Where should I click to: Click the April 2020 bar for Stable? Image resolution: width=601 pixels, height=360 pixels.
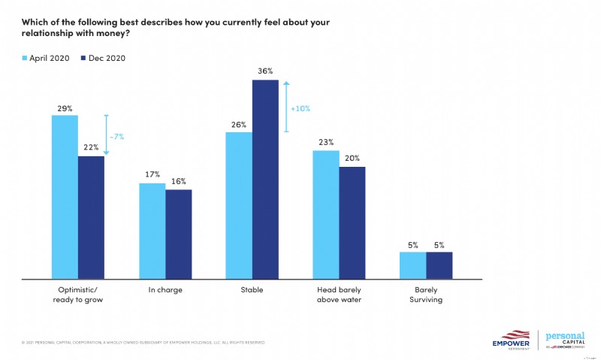(x=238, y=204)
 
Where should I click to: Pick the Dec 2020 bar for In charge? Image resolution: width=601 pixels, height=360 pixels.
(x=178, y=233)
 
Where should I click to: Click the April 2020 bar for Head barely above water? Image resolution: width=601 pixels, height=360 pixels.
(x=325, y=213)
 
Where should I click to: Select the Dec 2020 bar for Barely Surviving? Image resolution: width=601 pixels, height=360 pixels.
(x=439, y=265)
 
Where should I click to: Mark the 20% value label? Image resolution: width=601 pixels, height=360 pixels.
(x=352, y=159)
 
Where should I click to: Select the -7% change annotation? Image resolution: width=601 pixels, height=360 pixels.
(x=117, y=135)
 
